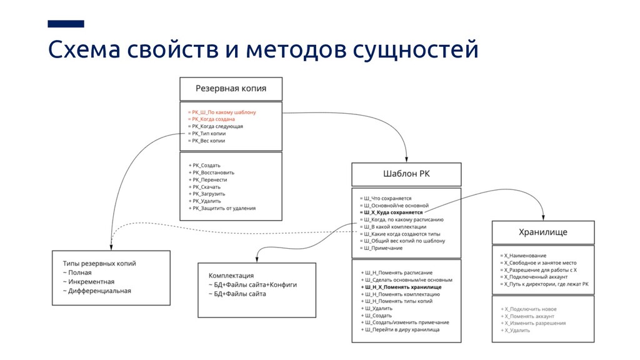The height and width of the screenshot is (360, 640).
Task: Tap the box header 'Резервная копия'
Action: [x=231, y=88]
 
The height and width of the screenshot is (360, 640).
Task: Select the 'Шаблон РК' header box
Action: [x=406, y=174]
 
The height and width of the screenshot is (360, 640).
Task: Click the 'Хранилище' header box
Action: [x=542, y=232]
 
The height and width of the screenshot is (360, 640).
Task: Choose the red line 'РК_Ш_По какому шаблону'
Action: [x=223, y=112]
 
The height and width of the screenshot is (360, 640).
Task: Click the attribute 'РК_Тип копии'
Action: [x=209, y=133]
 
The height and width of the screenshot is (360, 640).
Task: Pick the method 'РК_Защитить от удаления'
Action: [x=224, y=208]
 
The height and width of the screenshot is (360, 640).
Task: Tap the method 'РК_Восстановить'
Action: [x=213, y=172]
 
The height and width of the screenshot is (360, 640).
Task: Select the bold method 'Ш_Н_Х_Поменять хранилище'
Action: [x=402, y=287]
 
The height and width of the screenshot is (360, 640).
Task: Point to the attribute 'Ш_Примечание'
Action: [x=383, y=248]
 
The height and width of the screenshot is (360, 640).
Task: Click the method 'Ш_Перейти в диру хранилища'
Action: [x=402, y=329]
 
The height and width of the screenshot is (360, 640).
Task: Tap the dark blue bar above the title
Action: [x=66, y=24]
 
